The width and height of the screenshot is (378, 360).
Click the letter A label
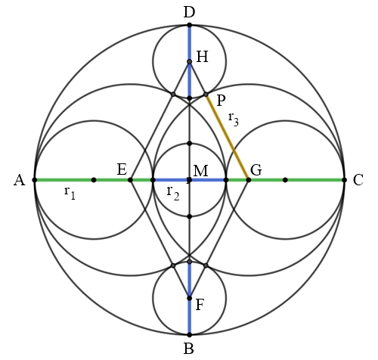coord(20,181)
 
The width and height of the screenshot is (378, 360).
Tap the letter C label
coord(358,180)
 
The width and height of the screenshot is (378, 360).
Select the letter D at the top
coord(189,13)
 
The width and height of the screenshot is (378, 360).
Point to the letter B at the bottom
coord(189,349)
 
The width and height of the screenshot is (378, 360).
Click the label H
coord(202,57)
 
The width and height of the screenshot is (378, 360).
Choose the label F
coord(200,305)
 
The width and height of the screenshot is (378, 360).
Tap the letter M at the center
coord(201,171)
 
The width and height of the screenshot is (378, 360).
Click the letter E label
coord(122,169)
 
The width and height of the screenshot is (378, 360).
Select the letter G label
coord(256,170)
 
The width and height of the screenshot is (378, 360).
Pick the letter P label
coord(221,101)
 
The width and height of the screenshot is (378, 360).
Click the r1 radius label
coord(70,193)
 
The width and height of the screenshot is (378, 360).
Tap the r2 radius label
coord(173,194)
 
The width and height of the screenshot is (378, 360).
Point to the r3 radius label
coord(234,119)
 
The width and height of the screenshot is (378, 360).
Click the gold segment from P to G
coord(228,137)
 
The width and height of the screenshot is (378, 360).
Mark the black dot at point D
coord(190,25)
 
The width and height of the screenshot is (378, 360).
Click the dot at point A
coord(35,180)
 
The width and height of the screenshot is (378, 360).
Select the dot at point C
coord(344,180)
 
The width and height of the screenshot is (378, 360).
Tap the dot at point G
coord(249,180)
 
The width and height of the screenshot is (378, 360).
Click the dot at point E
coord(130,180)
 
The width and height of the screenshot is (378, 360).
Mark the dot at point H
coord(190,61)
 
